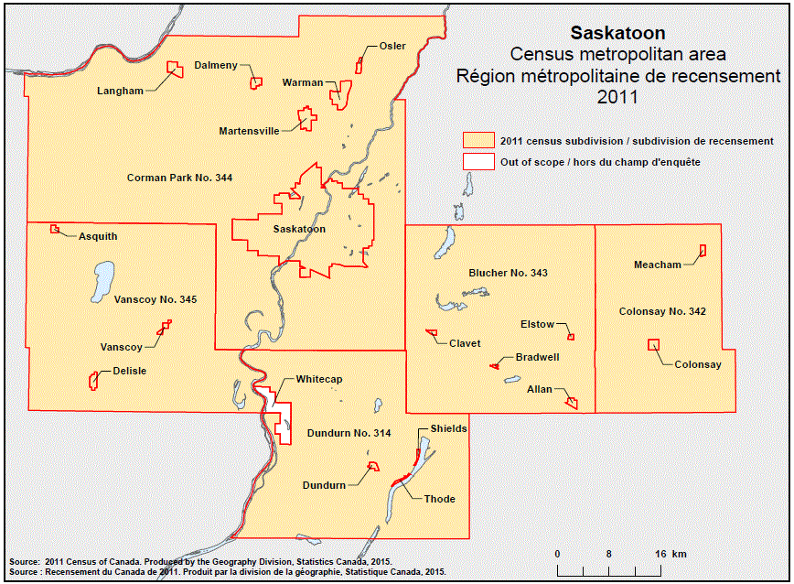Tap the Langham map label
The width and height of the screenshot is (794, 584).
120,91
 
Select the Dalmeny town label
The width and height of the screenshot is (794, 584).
216,65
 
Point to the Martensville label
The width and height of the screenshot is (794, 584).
249,131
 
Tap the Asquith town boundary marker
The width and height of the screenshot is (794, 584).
55,228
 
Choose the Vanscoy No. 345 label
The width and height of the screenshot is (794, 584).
155,299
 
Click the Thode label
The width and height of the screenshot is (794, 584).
439,499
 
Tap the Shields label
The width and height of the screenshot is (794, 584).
448,428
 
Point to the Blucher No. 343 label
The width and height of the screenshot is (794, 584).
508,273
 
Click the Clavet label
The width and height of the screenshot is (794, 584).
465,343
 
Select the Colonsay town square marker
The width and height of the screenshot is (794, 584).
653,345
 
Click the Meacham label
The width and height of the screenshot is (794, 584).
658,265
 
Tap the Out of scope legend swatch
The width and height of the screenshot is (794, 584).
477,162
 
